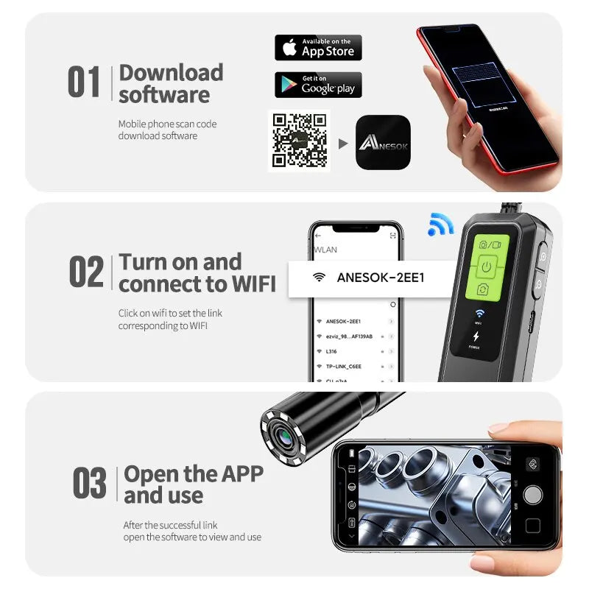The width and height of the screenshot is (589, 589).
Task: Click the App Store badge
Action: click(318, 48)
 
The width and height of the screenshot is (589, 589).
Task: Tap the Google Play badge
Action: click(318, 85)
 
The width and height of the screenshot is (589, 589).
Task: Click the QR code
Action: click(299, 141)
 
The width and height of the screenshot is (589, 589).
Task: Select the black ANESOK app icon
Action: click(383, 143)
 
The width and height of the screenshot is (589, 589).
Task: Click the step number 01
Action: click(84, 82)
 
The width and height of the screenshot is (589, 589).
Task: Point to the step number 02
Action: click(86, 272)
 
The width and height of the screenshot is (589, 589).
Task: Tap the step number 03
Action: click(89, 484)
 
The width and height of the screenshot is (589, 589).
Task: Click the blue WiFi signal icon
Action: click(440, 225)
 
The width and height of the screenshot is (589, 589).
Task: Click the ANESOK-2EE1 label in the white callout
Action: click(381, 278)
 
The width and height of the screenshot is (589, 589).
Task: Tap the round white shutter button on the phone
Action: click(532, 493)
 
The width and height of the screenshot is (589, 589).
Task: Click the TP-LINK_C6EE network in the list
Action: click(345, 366)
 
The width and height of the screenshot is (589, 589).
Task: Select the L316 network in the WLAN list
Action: click(331, 351)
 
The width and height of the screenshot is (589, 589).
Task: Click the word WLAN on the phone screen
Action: click(326, 250)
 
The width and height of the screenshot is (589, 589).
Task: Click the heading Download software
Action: click(171, 83)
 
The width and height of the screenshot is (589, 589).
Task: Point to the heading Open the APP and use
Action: click(193, 484)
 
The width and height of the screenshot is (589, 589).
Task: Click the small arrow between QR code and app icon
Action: click(342, 144)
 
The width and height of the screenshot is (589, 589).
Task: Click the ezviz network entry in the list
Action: click(349, 336)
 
